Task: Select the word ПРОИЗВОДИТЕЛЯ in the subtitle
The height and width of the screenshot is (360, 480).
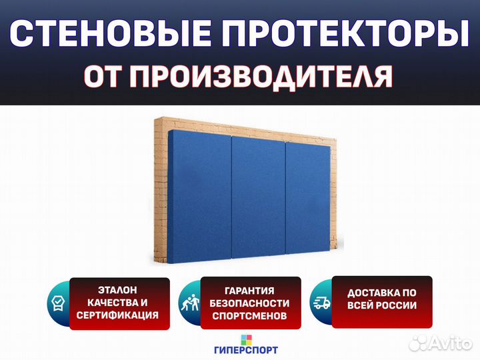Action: tap(261, 76)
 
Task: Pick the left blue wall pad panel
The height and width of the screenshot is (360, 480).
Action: tap(199, 197)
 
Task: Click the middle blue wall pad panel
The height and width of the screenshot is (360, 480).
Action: tap(259, 197)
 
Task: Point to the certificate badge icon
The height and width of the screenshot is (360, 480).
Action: tap(58, 303)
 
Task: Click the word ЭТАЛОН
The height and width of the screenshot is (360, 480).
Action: tap(117, 290)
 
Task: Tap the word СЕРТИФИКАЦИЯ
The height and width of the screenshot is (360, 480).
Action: tap(117, 315)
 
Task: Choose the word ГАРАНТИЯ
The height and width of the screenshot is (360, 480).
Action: tap(249, 291)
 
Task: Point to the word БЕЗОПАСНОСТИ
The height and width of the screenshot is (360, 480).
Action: tap(249, 303)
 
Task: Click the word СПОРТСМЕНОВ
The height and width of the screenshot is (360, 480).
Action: tap(249, 315)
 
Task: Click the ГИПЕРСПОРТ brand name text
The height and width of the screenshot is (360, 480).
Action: tap(246, 349)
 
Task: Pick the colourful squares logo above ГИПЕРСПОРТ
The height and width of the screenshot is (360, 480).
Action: tap(247, 339)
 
